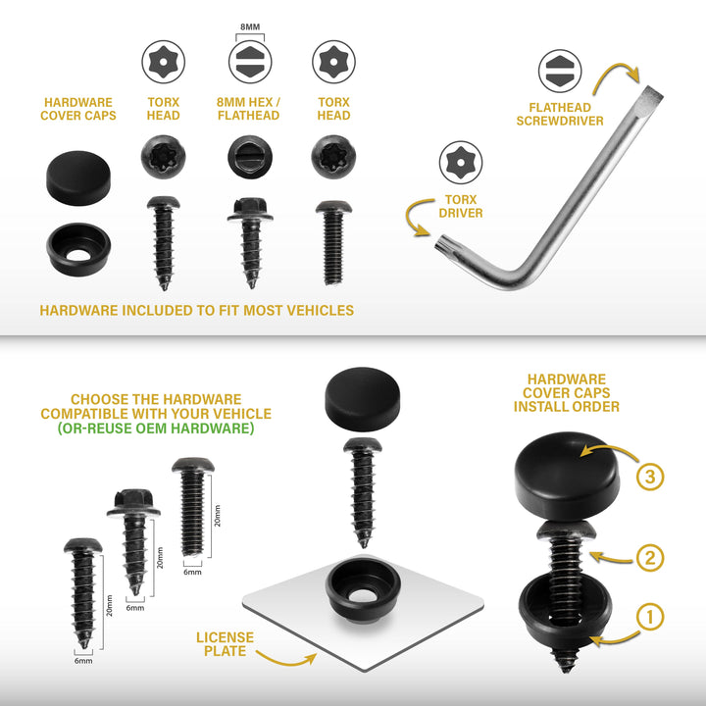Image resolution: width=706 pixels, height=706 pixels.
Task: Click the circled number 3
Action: [650, 477]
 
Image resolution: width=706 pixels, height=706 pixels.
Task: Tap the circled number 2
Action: [650, 558]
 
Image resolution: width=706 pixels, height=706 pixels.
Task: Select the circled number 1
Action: [650, 617]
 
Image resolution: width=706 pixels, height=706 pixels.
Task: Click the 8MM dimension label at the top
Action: [250, 27]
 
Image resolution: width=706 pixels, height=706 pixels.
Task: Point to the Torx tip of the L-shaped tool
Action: [443, 246]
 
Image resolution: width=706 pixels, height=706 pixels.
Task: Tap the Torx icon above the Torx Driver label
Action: [461, 163]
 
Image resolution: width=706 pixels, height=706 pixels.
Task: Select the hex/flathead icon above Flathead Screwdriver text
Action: [560, 72]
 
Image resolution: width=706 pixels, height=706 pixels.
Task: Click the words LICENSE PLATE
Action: [225, 644]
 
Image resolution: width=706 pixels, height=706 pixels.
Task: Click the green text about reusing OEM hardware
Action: [156, 428]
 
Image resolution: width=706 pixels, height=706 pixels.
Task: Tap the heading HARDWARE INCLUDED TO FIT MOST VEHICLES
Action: [197, 310]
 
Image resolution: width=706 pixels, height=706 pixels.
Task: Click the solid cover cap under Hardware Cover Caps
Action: [78, 178]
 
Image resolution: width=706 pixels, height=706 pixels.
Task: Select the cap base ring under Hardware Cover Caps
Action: [78, 249]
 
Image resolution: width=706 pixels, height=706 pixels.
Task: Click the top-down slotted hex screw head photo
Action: [249, 157]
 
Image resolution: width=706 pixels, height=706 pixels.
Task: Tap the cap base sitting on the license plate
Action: [363, 589]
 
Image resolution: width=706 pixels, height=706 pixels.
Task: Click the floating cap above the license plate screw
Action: [363, 399]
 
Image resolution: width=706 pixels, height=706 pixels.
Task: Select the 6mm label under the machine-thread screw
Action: [192, 572]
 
